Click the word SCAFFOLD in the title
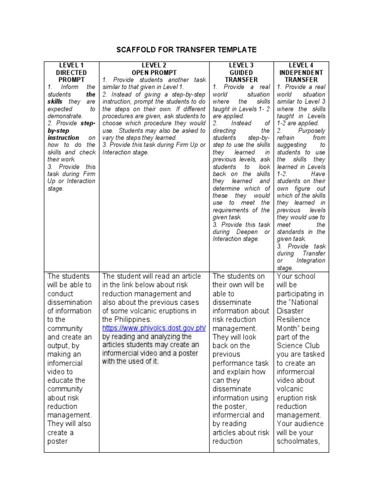tap(135, 50)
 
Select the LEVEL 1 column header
tap(71, 65)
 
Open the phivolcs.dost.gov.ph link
tap(153, 328)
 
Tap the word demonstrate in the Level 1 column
tap(65, 116)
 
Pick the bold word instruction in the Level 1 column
tap(63, 138)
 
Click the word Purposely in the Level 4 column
tap(310, 131)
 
